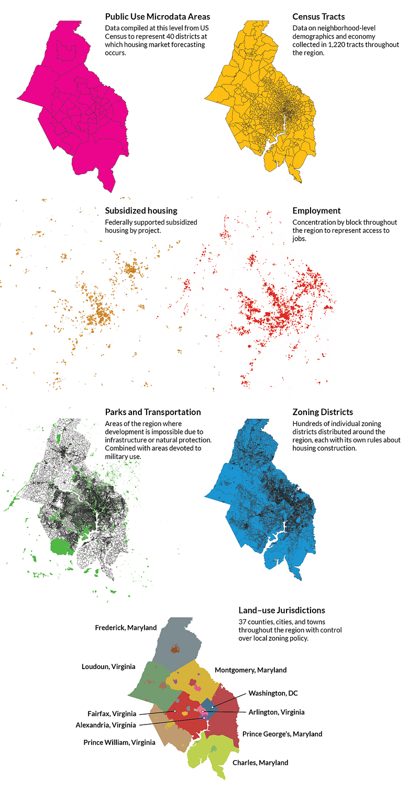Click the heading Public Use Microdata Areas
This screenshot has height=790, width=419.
(157, 17)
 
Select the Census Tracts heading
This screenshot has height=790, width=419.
(318, 17)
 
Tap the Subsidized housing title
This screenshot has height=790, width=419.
(141, 210)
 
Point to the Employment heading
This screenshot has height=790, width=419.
(316, 210)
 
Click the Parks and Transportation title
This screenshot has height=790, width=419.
(152, 412)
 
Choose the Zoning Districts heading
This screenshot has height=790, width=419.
(322, 412)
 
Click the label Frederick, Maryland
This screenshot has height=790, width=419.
(126, 628)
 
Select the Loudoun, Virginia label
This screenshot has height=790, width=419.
(108, 667)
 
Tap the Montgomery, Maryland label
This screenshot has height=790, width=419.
(250, 670)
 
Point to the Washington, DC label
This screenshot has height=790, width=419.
(273, 693)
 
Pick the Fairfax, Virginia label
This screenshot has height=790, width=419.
(112, 714)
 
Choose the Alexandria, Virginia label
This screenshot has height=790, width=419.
(106, 725)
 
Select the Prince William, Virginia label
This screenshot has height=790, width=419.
(119, 742)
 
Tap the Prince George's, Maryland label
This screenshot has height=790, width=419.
(282, 734)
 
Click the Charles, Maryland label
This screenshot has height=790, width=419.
(260, 763)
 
